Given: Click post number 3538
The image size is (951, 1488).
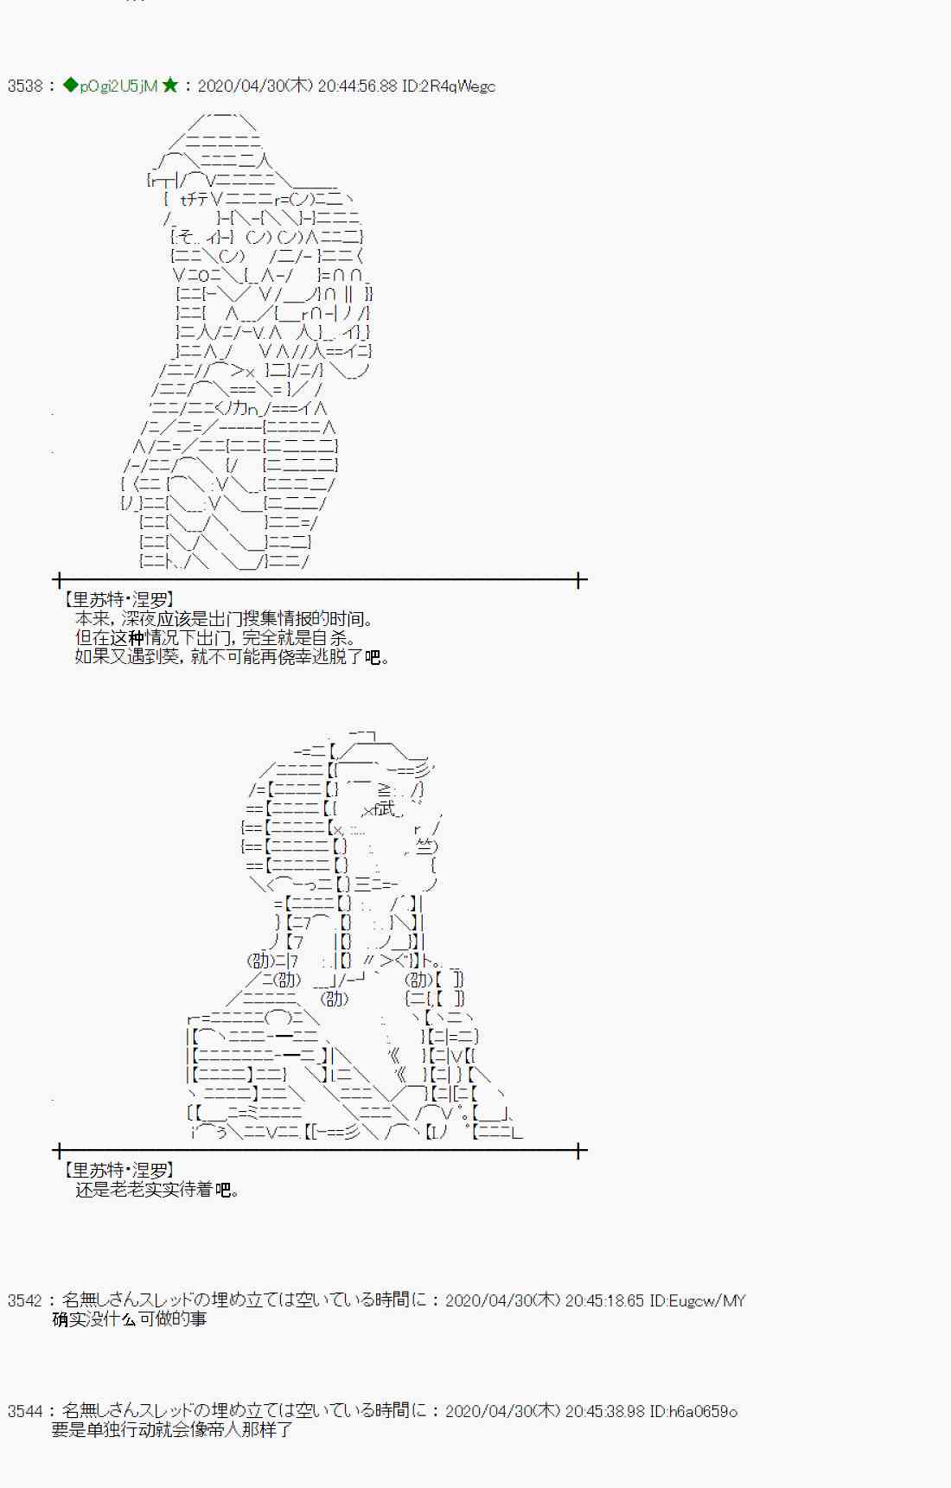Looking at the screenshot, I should click(25, 86).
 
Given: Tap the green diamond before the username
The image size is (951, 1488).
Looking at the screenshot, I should click(70, 86).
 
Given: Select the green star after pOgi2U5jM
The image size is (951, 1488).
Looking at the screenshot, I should click(170, 85).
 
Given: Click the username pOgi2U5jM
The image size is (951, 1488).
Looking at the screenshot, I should click(118, 86).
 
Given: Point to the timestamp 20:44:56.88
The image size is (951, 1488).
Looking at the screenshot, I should click(357, 86).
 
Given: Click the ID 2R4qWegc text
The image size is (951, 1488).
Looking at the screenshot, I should click(449, 86).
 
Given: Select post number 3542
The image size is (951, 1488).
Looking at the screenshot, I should click(25, 1300).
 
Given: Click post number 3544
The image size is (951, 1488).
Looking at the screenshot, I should click(25, 1411).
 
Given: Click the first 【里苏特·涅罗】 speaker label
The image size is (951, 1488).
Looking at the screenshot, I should click(119, 599).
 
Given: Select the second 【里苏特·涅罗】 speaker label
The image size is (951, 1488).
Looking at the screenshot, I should click(119, 1170).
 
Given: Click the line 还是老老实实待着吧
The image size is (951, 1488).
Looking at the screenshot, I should click(156, 1190).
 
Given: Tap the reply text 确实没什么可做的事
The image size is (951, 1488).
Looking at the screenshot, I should click(130, 1319).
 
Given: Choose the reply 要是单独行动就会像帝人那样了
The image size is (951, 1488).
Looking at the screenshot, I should click(172, 1430).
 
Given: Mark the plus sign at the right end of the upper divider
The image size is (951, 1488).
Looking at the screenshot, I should click(578, 579).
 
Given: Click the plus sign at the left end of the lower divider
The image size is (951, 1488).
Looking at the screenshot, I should click(58, 1150).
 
